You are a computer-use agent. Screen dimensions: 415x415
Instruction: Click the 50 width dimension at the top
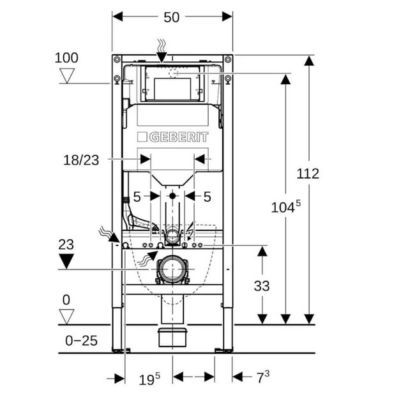click(x=172, y=17)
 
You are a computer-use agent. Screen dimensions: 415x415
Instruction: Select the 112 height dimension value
click(x=308, y=173)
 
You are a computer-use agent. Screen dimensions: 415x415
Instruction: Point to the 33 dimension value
click(x=262, y=285)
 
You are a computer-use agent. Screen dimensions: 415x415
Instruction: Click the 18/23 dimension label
click(x=81, y=160)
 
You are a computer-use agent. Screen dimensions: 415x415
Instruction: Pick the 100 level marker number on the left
click(x=66, y=57)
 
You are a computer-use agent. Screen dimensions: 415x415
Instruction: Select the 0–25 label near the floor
click(x=81, y=340)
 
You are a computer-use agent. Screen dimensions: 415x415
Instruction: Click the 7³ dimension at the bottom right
click(x=262, y=377)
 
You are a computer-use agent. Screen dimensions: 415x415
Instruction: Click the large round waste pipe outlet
click(x=172, y=270)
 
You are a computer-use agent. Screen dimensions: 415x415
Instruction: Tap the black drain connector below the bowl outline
click(x=172, y=337)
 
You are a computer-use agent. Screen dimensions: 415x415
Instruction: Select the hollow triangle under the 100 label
click(x=66, y=77)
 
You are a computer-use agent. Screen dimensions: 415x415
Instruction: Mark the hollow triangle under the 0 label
click(x=66, y=315)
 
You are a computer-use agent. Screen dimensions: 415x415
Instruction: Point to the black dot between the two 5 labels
click(x=172, y=195)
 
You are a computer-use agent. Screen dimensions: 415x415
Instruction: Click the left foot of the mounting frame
click(x=119, y=349)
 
